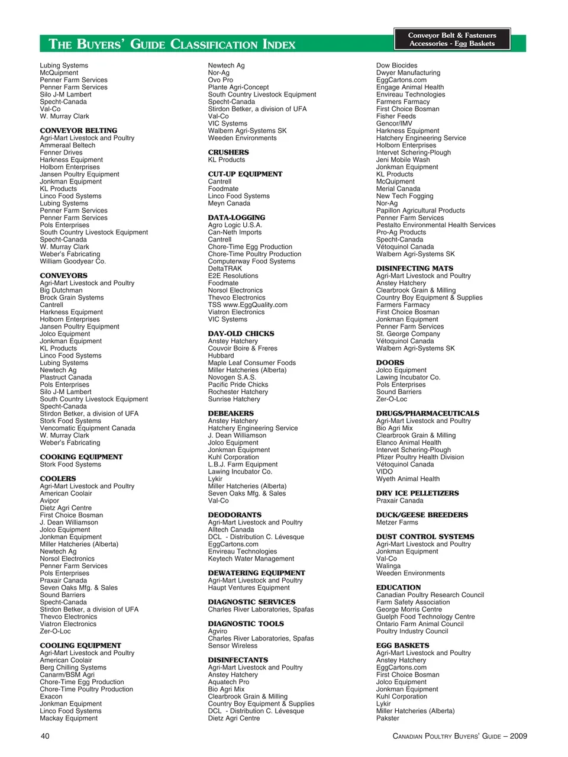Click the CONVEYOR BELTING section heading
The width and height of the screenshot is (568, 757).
pyautogui.click(x=78, y=131)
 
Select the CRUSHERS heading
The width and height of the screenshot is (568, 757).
pyautogui.click(x=228, y=153)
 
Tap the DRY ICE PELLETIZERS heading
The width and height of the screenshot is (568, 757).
pyautogui.click(x=417, y=493)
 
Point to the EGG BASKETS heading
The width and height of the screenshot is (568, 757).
pyautogui.click(x=402, y=646)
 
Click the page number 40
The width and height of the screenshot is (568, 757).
pyautogui.click(x=45, y=736)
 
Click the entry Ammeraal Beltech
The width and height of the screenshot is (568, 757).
pyautogui.click(x=67, y=145)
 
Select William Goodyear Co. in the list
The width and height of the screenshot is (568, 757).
pyautogui.click(x=73, y=261)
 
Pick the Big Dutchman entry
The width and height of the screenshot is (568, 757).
pyautogui.click(x=61, y=290)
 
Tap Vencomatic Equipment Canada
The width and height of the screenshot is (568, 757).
pyautogui.click(x=88, y=428)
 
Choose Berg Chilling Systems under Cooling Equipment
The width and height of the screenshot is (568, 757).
pyautogui.click(x=73, y=668)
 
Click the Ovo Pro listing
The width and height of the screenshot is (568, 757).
pyautogui.click(x=220, y=80)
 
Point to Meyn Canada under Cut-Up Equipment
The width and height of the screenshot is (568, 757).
pyautogui.click(x=229, y=203)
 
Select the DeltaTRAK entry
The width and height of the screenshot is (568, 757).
pyautogui.click(x=225, y=269)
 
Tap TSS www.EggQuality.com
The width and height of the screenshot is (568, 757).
pyautogui.click(x=247, y=305)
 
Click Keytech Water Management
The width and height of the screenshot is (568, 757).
pyautogui.click(x=251, y=559)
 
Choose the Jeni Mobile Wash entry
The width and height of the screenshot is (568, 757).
pyautogui.click(x=403, y=160)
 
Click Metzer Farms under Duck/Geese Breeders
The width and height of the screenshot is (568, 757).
pyautogui.click(x=397, y=523)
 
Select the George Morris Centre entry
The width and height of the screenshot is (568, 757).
pyautogui.click(x=409, y=610)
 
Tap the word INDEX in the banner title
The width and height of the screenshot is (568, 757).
pyautogui.click(x=279, y=44)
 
